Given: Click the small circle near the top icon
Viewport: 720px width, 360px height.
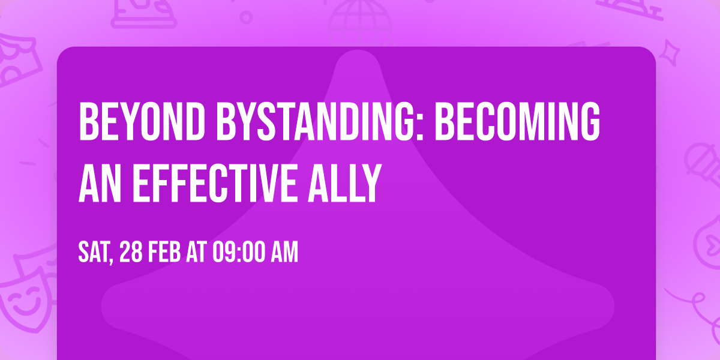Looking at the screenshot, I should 246,16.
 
